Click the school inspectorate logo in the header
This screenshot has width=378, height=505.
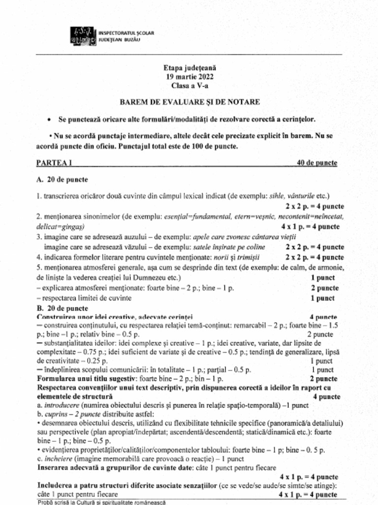[x=84, y=36]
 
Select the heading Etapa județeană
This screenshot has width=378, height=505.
[x=189, y=68]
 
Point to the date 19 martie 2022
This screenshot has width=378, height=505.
[x=189, y=76]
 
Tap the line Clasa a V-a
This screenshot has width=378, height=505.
[x=189, y=85]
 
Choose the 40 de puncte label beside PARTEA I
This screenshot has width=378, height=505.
[x=317, y=163]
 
